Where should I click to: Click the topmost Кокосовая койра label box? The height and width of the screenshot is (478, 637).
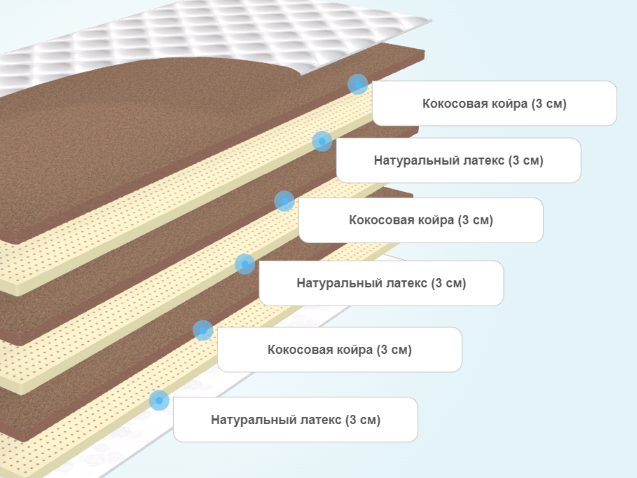494,103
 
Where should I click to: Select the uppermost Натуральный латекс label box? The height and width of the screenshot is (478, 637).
459,160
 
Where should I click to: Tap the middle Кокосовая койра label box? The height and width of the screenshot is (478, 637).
421,220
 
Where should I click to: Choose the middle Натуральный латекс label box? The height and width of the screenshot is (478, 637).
381,283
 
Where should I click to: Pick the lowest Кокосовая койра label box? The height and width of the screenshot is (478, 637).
340,349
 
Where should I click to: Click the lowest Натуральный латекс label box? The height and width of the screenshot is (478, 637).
295,419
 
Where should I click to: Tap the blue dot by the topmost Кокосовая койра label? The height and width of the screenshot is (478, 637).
358,84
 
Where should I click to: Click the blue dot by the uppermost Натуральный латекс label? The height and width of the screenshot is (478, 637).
322,142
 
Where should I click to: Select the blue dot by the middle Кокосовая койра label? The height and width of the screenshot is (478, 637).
284,201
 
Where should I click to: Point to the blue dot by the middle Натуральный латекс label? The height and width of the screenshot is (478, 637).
245,264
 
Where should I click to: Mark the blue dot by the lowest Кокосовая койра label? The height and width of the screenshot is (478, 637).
203,331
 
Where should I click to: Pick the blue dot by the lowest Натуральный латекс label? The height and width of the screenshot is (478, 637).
159,401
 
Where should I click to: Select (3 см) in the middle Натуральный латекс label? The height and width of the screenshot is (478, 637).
449,283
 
